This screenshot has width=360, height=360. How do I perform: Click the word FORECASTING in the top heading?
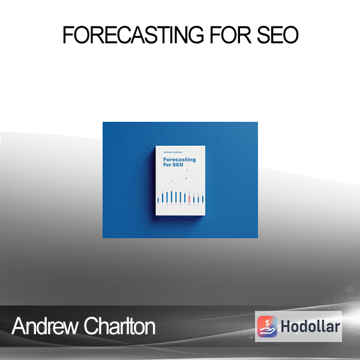click(133, 35)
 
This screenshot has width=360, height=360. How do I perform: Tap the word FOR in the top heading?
click(231, 35)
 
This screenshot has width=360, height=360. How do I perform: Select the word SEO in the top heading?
click(278, 35)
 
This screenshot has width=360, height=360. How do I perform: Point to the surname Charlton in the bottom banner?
click(119, 326)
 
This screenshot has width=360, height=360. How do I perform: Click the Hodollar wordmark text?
click(310, 326)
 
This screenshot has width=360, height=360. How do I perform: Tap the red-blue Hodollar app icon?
click(267, 326)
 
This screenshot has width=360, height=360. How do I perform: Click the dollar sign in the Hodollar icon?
click(267, 323)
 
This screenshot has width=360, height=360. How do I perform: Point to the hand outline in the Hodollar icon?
click(268, 331)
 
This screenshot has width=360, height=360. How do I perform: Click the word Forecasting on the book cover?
click(179, 160)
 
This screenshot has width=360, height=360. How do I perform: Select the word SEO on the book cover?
click(178, 164)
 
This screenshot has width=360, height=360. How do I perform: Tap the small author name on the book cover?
click(173, 152)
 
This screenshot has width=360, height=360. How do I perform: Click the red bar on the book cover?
click(189, 199)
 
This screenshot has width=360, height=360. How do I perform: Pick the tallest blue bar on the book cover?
click(172, 197)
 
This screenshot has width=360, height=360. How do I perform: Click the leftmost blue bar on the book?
click(158, 200)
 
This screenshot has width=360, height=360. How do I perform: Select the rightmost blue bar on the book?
click(203, 199)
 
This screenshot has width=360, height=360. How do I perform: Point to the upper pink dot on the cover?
click(187, 170)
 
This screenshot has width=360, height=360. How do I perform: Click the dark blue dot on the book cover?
click(186, 178)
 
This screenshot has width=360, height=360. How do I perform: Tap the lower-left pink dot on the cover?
click(172, 181)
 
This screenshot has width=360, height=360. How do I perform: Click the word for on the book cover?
click(167, 164)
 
